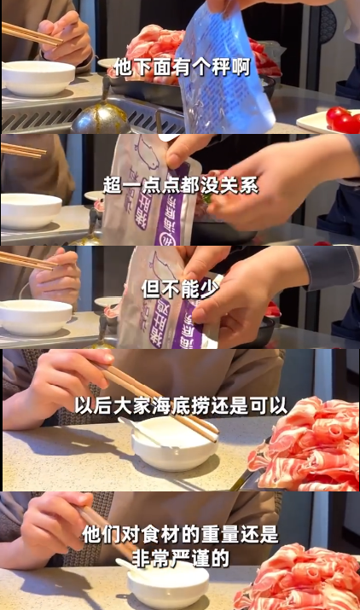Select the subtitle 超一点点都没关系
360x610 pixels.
point(181,186)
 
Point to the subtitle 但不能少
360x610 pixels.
point(180,289)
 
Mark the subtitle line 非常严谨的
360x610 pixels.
point(180,558)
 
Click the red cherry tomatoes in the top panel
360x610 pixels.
point(343,120)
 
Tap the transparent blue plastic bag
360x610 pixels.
point(227,70)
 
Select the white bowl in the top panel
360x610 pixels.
point(38,78)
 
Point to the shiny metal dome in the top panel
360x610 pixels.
point(101,119)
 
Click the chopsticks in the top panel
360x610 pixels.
point(31,34)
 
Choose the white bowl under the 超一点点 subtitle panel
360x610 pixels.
point(31,211)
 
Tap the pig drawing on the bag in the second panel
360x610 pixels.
point(148,153)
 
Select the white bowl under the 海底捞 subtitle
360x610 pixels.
point(175,444)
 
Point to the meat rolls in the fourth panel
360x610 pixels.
point(307,444)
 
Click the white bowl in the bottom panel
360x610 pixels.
point(168,585)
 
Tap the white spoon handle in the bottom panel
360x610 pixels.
point(129,566)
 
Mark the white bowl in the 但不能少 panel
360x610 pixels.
point(36,317)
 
